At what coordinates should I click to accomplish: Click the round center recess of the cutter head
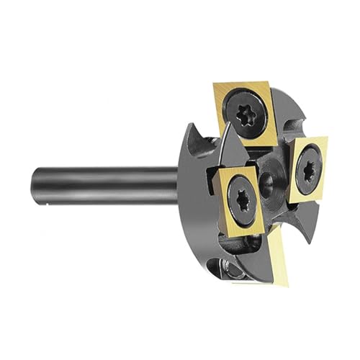[x=271, y=177]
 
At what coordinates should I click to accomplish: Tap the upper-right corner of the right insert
[x=327, y=140]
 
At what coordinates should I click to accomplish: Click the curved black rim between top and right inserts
[x=292, y=122]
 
